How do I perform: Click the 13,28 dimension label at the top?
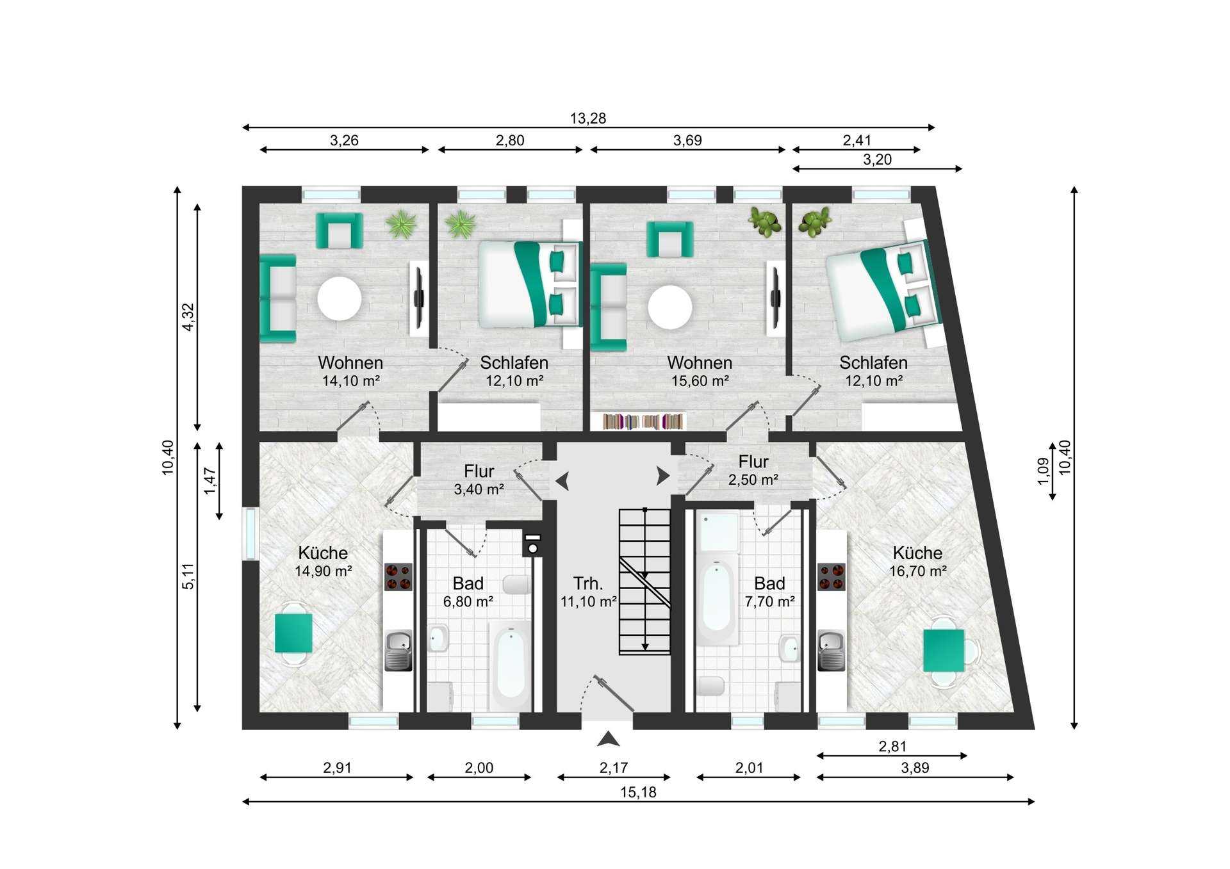587,118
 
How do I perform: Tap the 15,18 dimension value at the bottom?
638,793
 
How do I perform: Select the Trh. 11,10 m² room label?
588,592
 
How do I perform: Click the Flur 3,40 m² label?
479,480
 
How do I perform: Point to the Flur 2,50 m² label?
753,471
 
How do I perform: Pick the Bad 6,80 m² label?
468,592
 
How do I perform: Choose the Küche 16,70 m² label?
917,562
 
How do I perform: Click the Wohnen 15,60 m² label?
700,371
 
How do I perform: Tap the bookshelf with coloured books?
644,421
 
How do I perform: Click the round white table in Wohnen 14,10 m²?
340,298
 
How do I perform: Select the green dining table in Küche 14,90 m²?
293,633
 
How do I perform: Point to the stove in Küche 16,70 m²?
832,576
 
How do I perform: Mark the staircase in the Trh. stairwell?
644,581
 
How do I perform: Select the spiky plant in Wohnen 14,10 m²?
402,224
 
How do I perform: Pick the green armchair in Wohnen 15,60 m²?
669,240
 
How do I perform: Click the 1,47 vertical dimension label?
210,481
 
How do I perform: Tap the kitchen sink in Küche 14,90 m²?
398,651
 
